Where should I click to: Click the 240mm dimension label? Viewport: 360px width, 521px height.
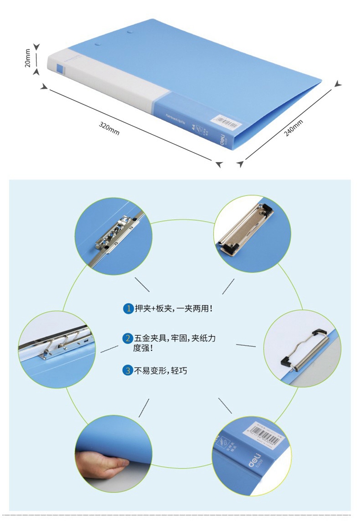coord(293,127)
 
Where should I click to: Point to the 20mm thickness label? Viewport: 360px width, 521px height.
coord(28,58)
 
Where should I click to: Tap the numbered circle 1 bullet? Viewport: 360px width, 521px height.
coord(128,308)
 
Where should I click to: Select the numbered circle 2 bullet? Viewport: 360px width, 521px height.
coord(128,338)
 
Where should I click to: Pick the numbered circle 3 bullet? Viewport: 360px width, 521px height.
coord(128,370)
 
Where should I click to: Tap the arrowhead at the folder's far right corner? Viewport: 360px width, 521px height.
coord(339,83)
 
